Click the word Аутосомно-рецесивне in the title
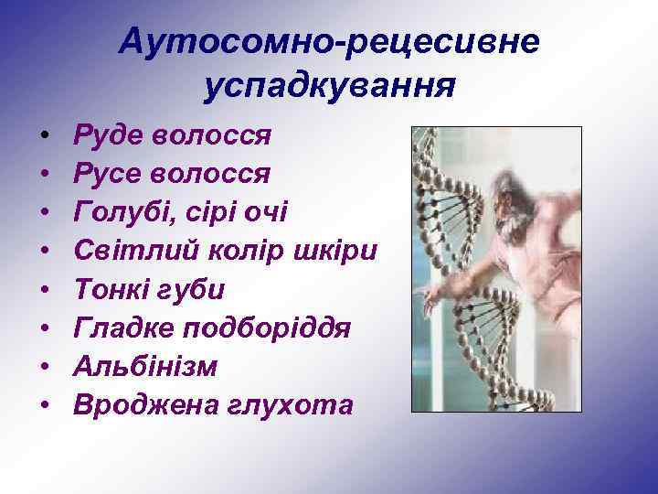329,41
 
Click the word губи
194,289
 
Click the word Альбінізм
146,366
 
